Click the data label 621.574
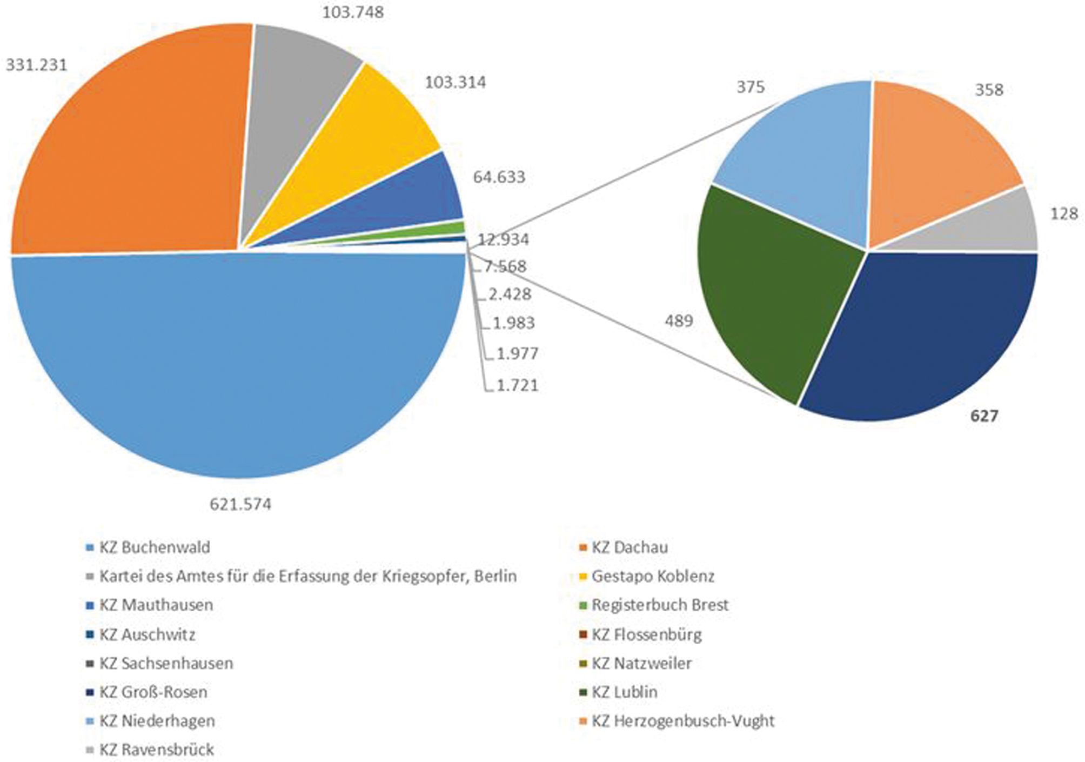tap(240, 504)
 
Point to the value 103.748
tap(353, 12)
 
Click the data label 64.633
tap(499, 177)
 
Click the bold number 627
tap(984, 416)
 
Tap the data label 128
tap(1063, 213)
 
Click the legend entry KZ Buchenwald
tap(155, 547)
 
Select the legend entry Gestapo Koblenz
tap(653, 576)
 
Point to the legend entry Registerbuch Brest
tap(660, 605)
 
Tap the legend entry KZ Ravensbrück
tap(157, 750)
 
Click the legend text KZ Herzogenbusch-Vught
tap(683, 721)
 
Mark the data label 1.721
tap(517, 385)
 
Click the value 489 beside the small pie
tap(679, 321)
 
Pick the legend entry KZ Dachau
tap(629, 547)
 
